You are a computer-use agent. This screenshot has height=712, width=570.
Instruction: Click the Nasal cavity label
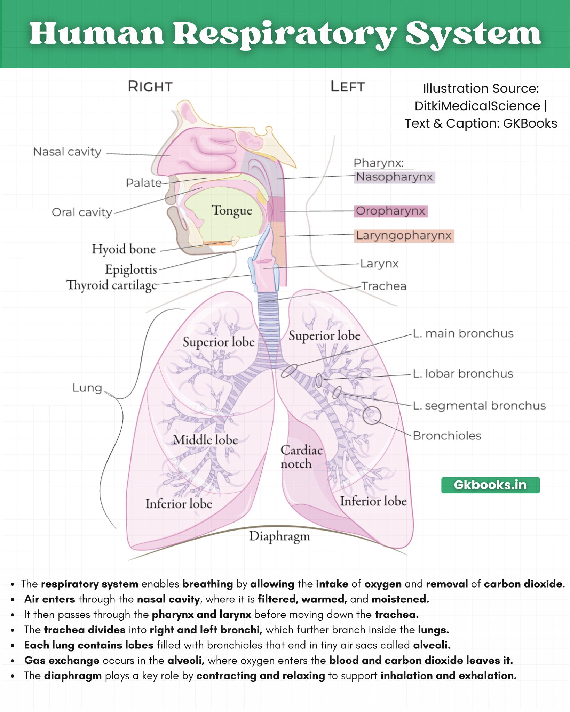[67, 152]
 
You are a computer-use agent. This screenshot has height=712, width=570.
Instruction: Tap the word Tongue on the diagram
[232, 211]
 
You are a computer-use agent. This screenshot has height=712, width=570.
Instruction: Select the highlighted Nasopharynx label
[394, 177]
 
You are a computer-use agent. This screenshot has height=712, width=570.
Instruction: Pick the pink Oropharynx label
[390, 211]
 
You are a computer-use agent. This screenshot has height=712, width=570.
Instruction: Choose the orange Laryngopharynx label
[404, 236]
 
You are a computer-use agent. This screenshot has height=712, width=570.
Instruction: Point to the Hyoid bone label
[124, 249]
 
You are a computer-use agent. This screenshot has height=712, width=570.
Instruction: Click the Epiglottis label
[131, 270]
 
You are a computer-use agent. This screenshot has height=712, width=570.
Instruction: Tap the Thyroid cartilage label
[112, 285]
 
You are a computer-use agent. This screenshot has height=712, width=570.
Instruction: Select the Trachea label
[384, 286]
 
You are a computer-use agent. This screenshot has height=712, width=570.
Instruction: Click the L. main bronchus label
[463, 333]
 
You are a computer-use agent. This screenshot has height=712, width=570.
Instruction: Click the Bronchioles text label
[447, 436]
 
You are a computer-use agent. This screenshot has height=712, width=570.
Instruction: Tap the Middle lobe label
[206, 440]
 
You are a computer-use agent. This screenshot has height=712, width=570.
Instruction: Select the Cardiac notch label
[302, 457]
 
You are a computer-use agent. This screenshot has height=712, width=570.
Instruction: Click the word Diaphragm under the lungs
[279, 536]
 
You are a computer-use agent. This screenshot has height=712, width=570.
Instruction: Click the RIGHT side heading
[150, 87]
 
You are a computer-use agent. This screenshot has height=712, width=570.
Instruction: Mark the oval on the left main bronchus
[289, 371]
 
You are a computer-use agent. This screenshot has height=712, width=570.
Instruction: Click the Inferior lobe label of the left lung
[373, 501]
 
